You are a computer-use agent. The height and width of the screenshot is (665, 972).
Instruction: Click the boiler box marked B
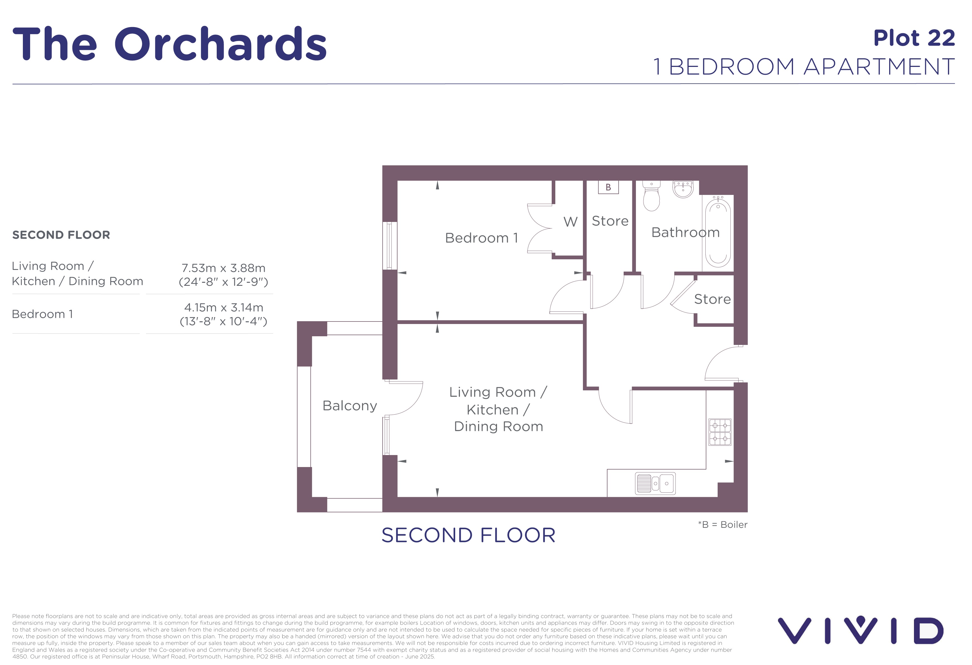[x=608, y=187]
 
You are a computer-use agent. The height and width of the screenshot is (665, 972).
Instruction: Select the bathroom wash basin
[x=683, y=189]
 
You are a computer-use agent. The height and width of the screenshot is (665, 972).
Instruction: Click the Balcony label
[x=350, y=406]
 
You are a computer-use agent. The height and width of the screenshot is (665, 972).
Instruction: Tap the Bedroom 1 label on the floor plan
[x=481, y=238]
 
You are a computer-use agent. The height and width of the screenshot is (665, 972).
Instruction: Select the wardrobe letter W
[x=570, y=222]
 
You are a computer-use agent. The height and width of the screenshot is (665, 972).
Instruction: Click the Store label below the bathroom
[x=712, y=299]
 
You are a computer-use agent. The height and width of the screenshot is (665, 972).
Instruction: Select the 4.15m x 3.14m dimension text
[x=224, y=307]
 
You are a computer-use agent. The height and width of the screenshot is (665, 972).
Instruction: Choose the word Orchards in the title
[x=220, y=43]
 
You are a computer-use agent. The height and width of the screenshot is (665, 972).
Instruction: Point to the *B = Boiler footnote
[x=722, y=525]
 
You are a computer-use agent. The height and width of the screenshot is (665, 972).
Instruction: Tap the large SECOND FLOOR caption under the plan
[x=469, y=535]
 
